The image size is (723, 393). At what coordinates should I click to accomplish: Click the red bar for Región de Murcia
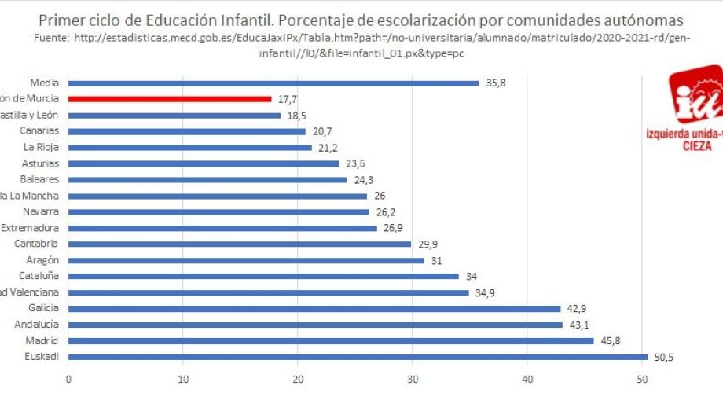(170, 99)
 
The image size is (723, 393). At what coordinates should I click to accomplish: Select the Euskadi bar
(358, 357)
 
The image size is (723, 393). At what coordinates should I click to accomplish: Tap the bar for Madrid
(331, 340)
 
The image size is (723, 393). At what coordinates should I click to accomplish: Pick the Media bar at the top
(273, 83)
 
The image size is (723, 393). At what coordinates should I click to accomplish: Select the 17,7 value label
(287, 99)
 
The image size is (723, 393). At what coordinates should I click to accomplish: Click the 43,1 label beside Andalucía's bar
(579, 325)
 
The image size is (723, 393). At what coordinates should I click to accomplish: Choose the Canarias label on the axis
(41, 131)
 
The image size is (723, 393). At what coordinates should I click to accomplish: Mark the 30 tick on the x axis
(413, 380)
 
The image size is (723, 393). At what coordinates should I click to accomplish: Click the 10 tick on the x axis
(183, 380)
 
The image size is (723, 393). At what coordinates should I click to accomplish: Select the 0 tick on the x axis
(68, 380)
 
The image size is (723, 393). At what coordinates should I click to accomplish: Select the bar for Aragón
(246, 260)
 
